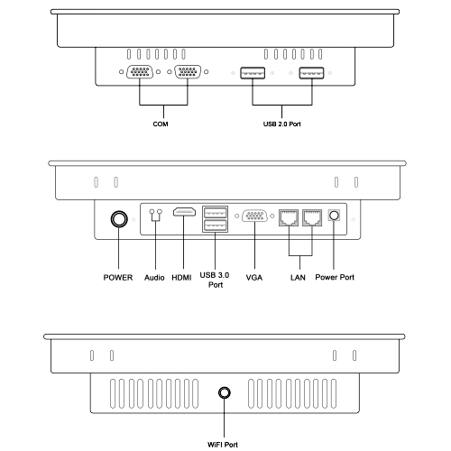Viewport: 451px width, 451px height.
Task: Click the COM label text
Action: (x=161, y=124)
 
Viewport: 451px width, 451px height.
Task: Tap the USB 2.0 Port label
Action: (x=282, y=124)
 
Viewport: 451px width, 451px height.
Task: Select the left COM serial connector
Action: (x=140, y=72)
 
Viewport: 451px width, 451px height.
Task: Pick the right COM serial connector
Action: (x=188, y=72)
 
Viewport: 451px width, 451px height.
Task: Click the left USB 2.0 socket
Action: (x=253, y=73)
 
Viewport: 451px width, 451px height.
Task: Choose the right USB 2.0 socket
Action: (x=311, y=73)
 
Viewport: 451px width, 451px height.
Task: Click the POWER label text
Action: (x=118, y=277)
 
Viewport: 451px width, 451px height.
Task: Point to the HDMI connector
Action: (x=184, y=212)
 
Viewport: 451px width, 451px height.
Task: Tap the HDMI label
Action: (x=181, y=277)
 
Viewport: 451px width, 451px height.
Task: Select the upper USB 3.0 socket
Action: (x=215, y=213)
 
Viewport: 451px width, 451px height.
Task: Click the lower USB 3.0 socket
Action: (x=215, y=225)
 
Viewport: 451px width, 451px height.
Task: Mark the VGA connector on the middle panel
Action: (x=254, y=216)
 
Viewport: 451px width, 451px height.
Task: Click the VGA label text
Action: (x=254, y=277)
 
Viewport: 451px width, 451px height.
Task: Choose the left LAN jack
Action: (x=289, y=217)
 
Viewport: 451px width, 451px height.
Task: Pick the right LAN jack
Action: (x=312, y=217)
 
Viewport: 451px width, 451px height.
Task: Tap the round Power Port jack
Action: (x=335, y=216)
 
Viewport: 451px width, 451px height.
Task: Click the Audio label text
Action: (x=154, y=277)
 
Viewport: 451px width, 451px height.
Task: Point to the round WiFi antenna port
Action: (x=224, y=392)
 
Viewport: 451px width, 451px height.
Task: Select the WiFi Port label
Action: (x=223, y=445)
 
